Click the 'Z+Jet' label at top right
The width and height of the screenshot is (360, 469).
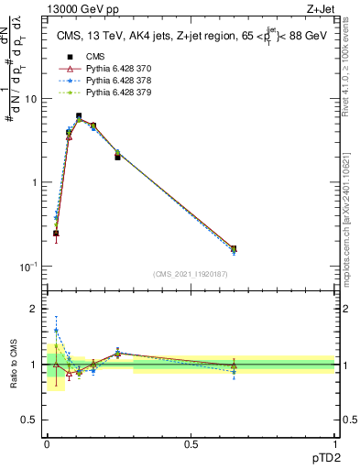[x=319, y=8]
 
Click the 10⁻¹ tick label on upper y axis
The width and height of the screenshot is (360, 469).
[x=30, y=267]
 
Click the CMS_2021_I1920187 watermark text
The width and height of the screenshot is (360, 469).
[x=191, y=274]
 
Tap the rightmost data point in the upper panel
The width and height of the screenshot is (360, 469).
[x=234, y=248]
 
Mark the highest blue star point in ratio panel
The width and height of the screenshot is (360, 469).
[x=56, y=331]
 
